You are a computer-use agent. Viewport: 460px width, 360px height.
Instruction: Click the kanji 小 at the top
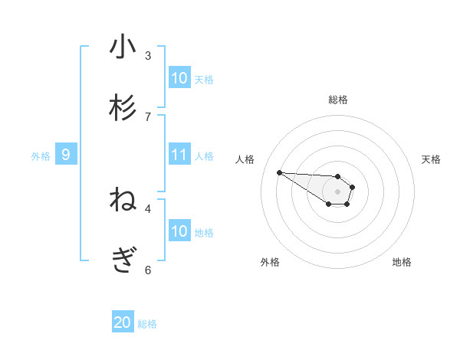pyautogui.click(x=123, y=47)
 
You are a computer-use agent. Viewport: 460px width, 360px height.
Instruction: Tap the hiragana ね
pyautogui.click(x=123, y=201)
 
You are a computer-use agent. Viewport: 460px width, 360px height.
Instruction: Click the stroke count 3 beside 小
pyautogui.click(x=148, y=55)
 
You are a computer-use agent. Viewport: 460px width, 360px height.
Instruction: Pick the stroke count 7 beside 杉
pyautogui.click(x=148, y=116)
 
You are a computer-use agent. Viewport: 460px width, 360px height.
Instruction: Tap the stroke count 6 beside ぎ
pyautogui.click(x=148, y=270)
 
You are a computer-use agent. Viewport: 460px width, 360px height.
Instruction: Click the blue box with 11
pyautogui.click(x=179, y=155)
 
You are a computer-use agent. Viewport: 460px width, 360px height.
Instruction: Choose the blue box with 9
pyautogui.click(x=66, y=155)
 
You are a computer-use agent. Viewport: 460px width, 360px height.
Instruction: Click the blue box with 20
pyautogui.click(x=123, y=322)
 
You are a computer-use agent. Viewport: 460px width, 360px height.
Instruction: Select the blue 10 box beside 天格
pyautogui.click(x=179, y=78)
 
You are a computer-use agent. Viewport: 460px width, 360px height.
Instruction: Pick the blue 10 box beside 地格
pyautogui.click(x=179, y=231)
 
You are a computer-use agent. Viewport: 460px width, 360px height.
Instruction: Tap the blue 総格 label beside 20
pyautogui.click(x=147, y=324)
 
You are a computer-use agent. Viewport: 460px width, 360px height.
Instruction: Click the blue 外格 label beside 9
pyautogui.click(x=41, y=156)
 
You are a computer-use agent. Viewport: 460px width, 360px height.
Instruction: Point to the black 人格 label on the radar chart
pyautogui.click(x=245, y=159)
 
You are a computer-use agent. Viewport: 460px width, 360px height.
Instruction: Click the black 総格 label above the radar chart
pyautogui.click(x=338, y=100)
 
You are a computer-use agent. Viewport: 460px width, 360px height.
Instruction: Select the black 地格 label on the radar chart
pyautogui.click(x=402, y=262)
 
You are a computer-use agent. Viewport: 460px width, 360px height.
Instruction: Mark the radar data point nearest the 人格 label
pyautogui.click(x=279, y=172)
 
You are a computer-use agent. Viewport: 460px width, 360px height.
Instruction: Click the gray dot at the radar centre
pyautogui.click(x=338, y=191)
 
